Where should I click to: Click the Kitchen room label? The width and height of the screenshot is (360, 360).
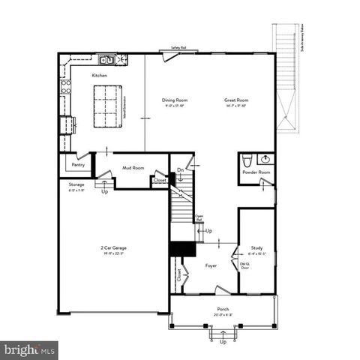[100, 76]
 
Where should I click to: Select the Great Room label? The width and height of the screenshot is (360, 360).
[236, 100]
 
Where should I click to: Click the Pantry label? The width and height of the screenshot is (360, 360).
[78, 165]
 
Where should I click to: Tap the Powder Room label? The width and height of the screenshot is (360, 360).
[256, 172]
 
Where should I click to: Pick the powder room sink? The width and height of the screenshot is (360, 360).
[264, 158]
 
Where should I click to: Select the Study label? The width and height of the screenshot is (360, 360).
[256, 247]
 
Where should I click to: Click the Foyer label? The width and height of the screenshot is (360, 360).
[211, 265]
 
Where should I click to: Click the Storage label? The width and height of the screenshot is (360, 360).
[76, 184]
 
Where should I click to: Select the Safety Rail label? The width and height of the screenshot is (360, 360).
[178, 48]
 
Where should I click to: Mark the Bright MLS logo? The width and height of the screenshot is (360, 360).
[30, 349]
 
